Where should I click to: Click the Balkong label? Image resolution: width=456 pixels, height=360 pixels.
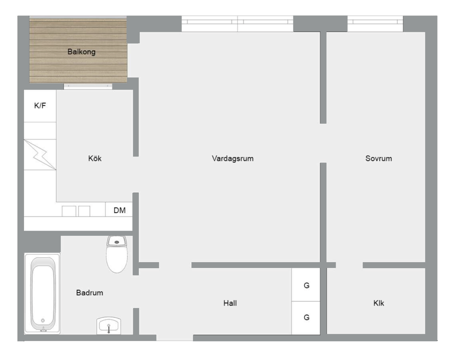[81, 52]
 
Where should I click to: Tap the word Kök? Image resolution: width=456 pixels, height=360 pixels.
[95, 158]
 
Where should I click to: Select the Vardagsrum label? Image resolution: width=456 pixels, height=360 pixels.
[233, 158]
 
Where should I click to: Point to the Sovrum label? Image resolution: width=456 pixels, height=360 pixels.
[379, 158]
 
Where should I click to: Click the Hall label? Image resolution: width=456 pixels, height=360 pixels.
[230, 303]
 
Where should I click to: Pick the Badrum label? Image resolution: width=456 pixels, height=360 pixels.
[89, 293]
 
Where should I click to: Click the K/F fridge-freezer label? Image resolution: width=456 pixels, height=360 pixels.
[40, 106]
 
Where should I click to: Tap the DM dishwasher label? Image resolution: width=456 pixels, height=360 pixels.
[120, 210]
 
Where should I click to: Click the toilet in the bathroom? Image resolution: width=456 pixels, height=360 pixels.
[117, 254]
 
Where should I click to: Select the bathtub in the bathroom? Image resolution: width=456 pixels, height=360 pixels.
[42, 293]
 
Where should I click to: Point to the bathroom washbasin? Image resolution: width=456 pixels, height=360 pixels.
[109, 326]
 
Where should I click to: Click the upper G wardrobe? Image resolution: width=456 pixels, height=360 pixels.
[306, 285]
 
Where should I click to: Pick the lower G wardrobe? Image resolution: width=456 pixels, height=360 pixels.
[306, 318]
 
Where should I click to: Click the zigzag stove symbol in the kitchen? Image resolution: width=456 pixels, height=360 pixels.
[40, 154]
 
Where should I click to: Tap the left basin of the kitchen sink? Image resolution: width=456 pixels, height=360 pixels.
[69, 211]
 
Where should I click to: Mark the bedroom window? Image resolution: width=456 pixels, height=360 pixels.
[375, 24]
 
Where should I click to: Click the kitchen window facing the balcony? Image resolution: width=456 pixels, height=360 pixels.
[88, 86]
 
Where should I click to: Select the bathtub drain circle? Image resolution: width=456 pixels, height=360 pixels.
[43, 320]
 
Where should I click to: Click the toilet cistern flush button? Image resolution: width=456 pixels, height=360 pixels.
[117, 242]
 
